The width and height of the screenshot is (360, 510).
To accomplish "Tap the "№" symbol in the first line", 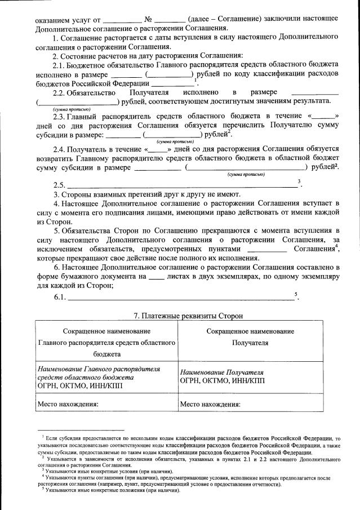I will (149, 19).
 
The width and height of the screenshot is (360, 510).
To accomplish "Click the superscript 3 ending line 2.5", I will (299, 181).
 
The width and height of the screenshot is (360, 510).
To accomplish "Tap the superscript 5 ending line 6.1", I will (295, 294).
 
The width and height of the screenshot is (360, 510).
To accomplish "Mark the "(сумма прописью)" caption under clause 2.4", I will (246, 174).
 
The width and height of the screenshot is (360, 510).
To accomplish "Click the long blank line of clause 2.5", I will (180, 186).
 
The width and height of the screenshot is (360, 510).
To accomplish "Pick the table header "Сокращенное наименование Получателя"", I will (250, 337).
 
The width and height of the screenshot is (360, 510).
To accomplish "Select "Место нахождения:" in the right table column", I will (210, 403).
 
